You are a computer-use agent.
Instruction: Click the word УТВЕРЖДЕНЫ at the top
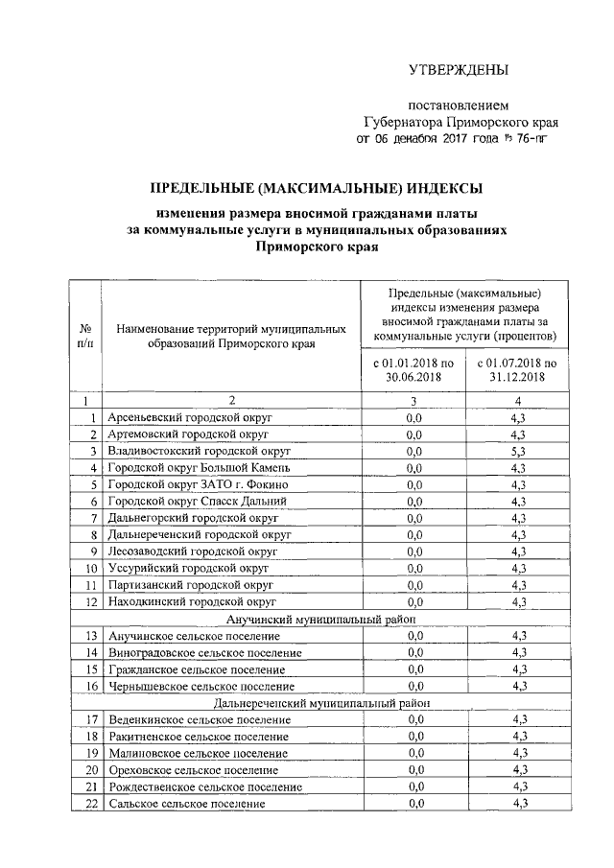458,69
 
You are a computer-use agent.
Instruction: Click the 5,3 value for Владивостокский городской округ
519,451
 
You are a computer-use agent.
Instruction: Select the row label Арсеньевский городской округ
191,418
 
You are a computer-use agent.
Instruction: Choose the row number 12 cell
89,602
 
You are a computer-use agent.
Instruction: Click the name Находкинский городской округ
192,602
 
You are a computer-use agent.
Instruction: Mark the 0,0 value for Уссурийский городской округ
413,569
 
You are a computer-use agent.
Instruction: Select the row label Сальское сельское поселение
186,804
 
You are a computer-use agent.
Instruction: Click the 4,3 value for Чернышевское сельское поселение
519,686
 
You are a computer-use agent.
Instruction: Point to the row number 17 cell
89,719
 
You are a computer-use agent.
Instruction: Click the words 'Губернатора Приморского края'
460,122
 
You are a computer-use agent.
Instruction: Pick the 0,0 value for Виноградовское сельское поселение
413,652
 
